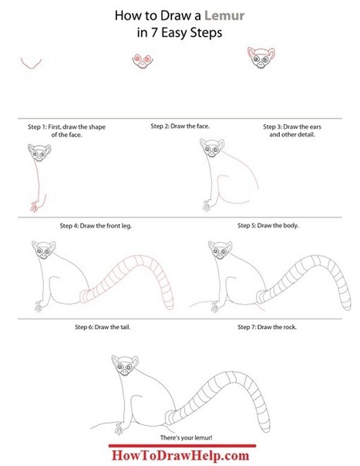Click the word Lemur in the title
coord(224,15)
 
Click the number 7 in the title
coord(154,32)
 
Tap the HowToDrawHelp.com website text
coord(180,456)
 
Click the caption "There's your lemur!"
coord(187,437)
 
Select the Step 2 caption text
coord(180,126)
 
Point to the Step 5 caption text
coord(268,225)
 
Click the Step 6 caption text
coord(103,327)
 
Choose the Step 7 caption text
coord(267,327)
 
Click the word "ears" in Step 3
coord(315,127)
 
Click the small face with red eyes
coord(143,61)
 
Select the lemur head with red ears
coord(261,58)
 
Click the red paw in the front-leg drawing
coord(35,206)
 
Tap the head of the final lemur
coord(125,365)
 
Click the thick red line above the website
coord(182,446)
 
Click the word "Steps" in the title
coord(207,32)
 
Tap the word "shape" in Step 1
coord(97,127)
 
